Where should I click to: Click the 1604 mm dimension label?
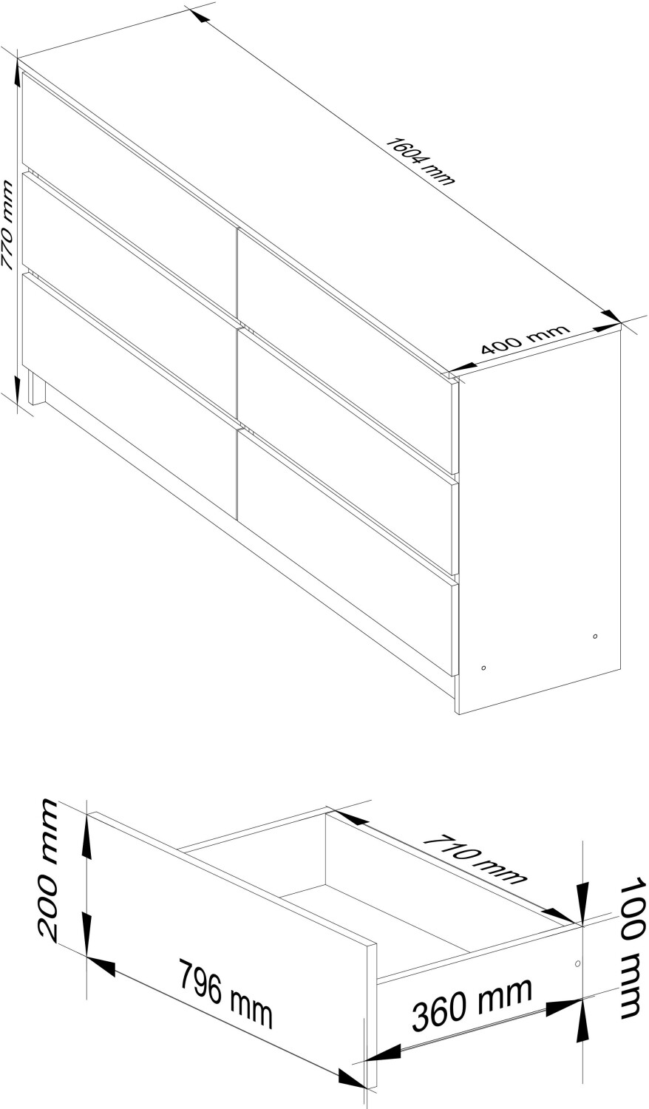point(419,161)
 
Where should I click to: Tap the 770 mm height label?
point(7,225)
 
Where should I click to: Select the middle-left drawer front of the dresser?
point(129,294)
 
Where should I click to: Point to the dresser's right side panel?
point(540,519)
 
